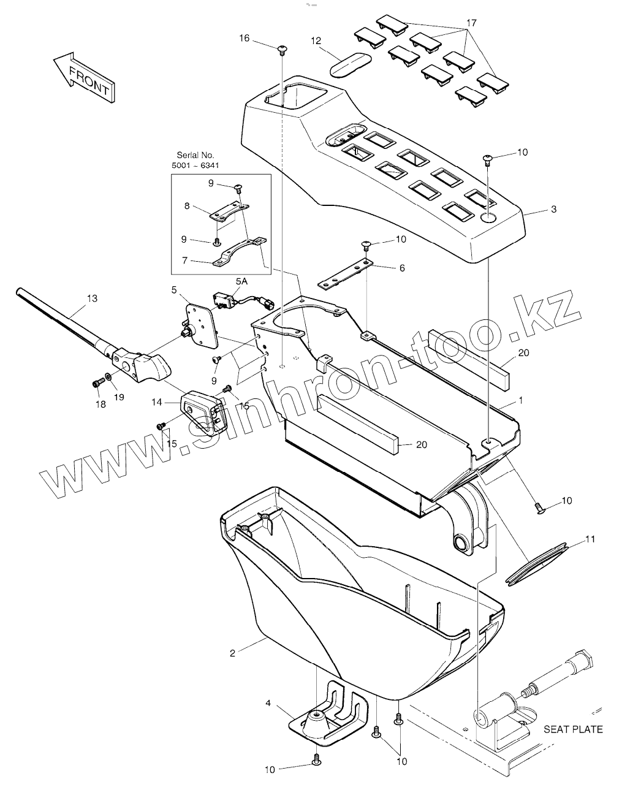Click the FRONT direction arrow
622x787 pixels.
point(83,77)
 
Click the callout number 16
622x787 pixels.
point(245,38)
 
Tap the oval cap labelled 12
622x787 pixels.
point(351,64)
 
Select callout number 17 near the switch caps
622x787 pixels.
point(471,23)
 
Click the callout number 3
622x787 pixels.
point(553,210)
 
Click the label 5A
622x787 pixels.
point(241,281)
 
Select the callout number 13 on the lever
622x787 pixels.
point(92,298)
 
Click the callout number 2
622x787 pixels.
point(232,653)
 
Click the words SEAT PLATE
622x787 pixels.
point(573,729)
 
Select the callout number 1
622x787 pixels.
point(521,401)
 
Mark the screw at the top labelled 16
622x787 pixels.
point(282,48)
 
